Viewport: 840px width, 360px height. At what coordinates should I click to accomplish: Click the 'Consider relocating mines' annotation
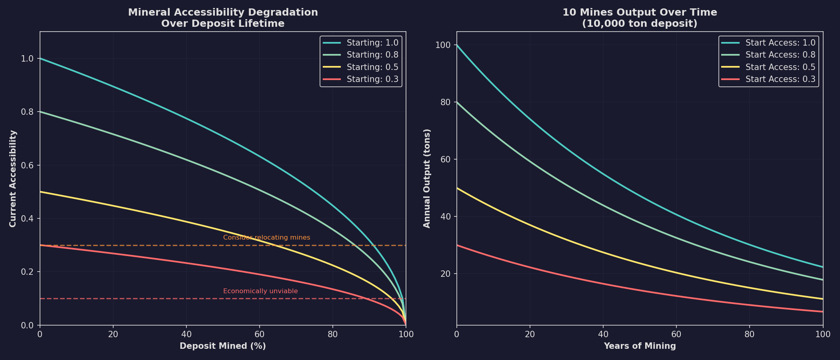(266, 238)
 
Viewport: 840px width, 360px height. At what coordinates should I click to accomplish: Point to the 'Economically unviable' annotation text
(260, 291)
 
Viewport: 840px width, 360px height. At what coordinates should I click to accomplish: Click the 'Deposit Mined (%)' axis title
(223, 346)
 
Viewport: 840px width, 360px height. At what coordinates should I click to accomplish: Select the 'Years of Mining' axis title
(640, 346)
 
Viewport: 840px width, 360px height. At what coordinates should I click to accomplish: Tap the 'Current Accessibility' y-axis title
(13, 178)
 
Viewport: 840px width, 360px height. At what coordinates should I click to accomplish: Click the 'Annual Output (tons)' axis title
(427, 178)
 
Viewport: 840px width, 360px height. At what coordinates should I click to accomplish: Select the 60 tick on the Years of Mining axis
(676, 334)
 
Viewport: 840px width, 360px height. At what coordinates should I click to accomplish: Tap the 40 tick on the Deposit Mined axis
(186, 334)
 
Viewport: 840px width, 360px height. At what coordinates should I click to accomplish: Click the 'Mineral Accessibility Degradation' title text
(223, 12)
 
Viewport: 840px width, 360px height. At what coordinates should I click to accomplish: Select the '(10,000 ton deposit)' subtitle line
(640, 24)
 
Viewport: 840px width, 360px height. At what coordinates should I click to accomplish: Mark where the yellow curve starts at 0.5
(40, 192)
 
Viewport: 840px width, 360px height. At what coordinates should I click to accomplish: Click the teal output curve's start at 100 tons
(457, 45)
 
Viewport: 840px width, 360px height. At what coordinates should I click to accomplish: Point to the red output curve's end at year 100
(822, 312)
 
